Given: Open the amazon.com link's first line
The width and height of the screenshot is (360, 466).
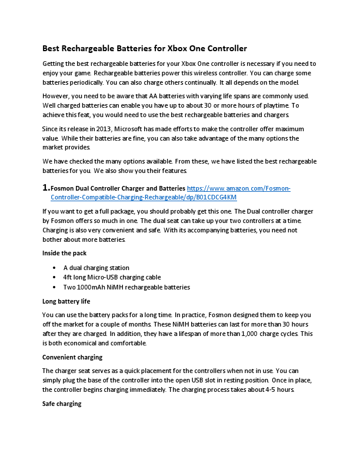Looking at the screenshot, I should pos(239,188).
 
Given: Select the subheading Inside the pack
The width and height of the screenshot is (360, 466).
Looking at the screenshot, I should pos(65,253).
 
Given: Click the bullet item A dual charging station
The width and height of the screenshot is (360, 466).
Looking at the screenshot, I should pos(96,268).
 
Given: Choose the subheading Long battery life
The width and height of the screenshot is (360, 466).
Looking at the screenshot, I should pos(66,301).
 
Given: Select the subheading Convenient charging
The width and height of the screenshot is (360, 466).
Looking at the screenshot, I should pos(72,357).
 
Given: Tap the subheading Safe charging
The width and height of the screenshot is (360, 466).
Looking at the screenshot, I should pos(62,404).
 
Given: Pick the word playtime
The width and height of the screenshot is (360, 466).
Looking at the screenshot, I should pos(274,105).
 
